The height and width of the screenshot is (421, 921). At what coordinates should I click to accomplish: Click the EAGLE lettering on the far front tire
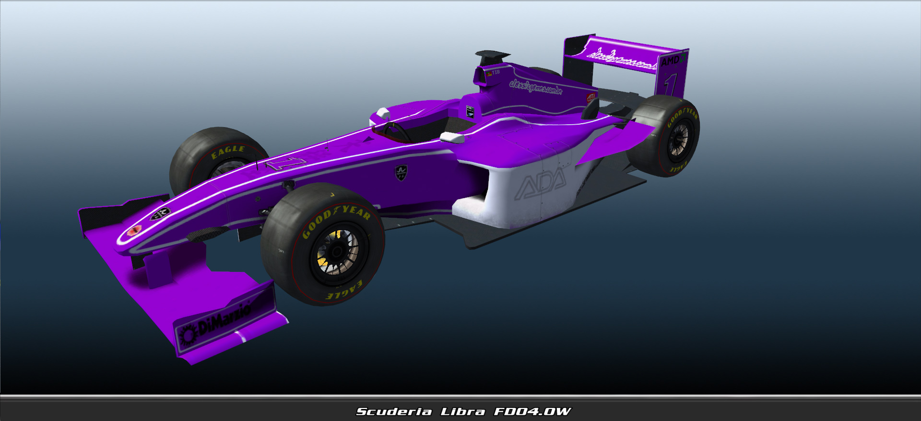228,152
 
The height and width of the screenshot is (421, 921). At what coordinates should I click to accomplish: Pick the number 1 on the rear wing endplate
670,85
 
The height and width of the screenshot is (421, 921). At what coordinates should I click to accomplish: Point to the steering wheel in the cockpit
396,132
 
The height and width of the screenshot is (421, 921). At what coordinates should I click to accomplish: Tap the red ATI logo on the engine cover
591,97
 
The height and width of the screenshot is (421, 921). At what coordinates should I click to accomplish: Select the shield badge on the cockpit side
401,172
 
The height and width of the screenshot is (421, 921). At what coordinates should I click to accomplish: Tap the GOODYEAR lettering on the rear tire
682,117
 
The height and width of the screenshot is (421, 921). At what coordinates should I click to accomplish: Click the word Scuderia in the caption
394,411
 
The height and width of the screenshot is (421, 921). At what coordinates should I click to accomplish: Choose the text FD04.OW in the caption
532,411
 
